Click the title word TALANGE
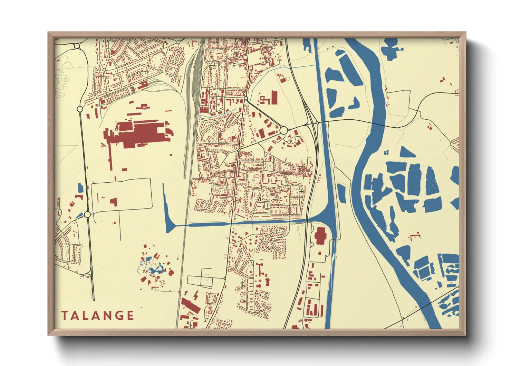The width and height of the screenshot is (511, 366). tap(98, 315)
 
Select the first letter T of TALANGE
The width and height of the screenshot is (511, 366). tap(64, 315)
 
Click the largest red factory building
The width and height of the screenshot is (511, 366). tap(138, 134)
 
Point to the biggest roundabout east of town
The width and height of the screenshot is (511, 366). tap(283, 130)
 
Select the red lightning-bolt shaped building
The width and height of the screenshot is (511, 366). tap(196, 295)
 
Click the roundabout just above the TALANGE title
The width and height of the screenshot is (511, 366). tap(87, 214)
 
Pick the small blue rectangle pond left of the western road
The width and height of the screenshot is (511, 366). tap(80, 188)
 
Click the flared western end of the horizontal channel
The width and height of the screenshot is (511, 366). tap(169, 227)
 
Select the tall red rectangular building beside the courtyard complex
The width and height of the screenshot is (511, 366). tap(274, 97)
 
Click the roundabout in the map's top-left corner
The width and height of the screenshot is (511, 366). tap(77, 46)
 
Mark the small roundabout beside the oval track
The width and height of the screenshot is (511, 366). tap(225, 278)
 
